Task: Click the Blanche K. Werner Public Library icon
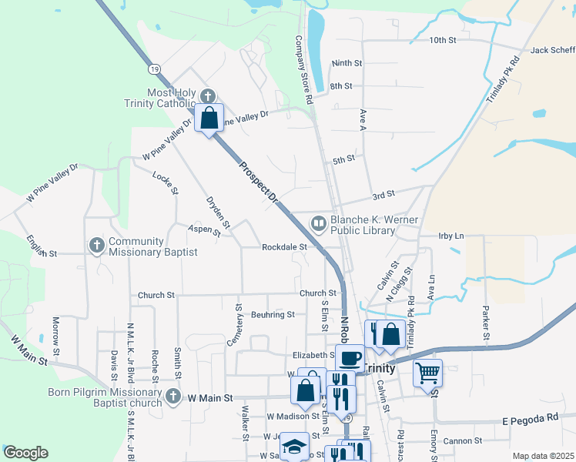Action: tap(319, 224)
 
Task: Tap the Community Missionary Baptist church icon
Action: tap(96, 246)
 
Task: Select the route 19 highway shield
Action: tap(156, 69)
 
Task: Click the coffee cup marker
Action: tap(350, 359)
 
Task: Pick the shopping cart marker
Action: tap(427, 373)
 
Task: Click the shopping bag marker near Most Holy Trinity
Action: tap(209, 119)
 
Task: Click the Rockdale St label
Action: tap(284, 247)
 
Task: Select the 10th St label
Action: tap(443, 39)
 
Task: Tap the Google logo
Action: tap(25, 453)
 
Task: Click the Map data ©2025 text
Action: tap(543, 456)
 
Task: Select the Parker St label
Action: tap(486, 323)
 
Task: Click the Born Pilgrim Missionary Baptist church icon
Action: tap(173, 397)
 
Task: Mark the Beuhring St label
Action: tap(273, 314)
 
